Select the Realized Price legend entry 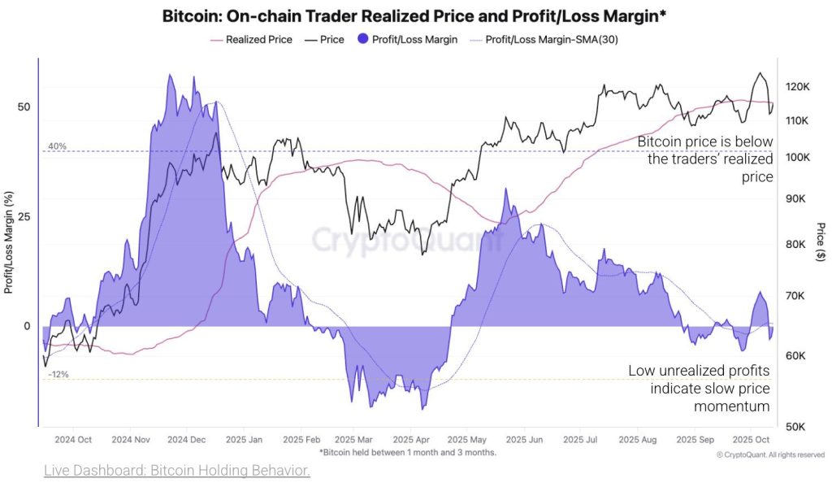(x=251, y=39)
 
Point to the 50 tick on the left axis (x=24, y=107)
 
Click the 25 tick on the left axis (x=24, y=217)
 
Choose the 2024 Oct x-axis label (x=74, y=440)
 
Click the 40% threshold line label (x=57, y=146)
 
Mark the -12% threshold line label (x=58, y=375)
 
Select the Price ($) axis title (x=821, y=241)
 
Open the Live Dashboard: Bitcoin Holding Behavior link (x=176, y=471)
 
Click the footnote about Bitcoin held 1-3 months (x=407, y=452)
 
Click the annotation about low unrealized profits (x=699, y=388)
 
